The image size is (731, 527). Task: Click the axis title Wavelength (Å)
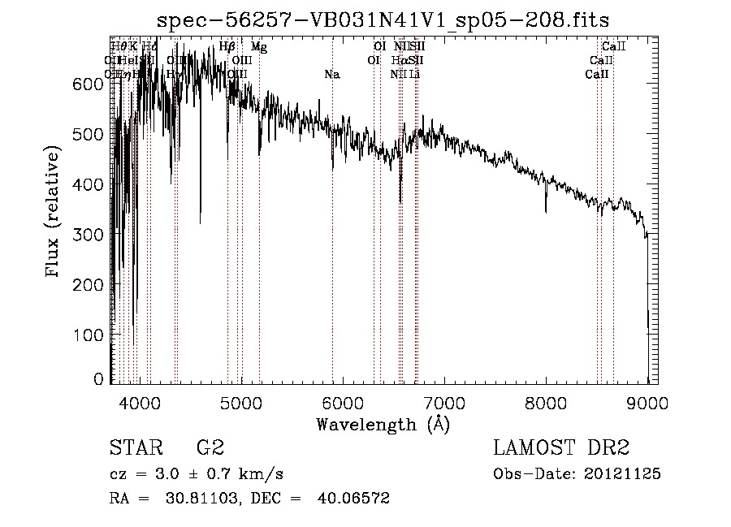coord(383,424)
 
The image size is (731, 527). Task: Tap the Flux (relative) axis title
coord(54,213)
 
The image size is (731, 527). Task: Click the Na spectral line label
coord(331,75)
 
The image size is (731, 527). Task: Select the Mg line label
coord(258,47)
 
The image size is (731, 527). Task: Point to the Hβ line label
coord(227,47)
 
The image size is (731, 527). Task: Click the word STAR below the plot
coord(132,448)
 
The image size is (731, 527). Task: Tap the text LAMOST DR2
coord(561,448)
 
